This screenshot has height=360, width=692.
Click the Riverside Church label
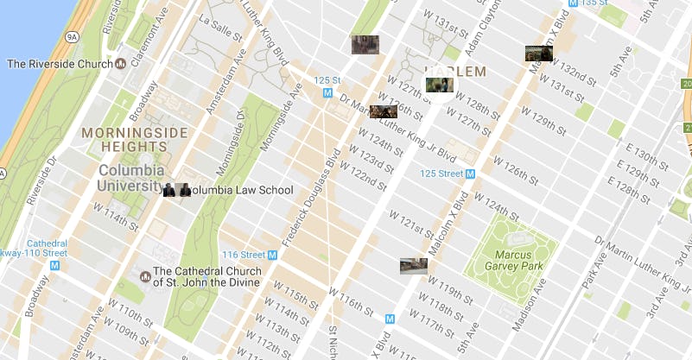pos(60,64)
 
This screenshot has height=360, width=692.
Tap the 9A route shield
pos(72,36)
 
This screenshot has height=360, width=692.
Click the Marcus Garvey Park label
pos(507,260)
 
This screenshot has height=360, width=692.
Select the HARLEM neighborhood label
pos(455,71)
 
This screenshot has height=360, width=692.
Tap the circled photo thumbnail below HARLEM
pos(439,85)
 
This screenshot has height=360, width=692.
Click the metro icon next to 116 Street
pos(272,255)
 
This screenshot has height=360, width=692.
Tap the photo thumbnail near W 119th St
pos(413,266)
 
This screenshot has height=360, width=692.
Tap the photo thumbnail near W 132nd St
pos(539,54)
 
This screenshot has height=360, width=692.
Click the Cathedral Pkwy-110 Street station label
pos(35,248)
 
